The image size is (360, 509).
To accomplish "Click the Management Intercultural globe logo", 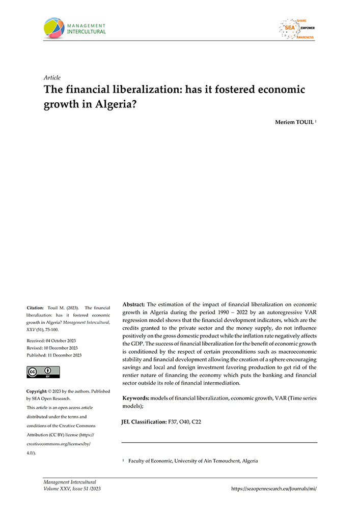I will click(x=55, y=29).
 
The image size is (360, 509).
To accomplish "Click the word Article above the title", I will click(x=53, y=78).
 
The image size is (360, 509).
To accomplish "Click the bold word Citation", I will click(x=36, y=308).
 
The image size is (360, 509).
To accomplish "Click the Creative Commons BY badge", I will click(x=43, y=372).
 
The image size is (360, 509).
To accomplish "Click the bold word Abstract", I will click(x=134, y=304).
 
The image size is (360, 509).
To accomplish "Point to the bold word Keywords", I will click(x=135, y=398).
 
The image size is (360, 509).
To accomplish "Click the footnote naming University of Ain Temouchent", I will click(x=192, y=461).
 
